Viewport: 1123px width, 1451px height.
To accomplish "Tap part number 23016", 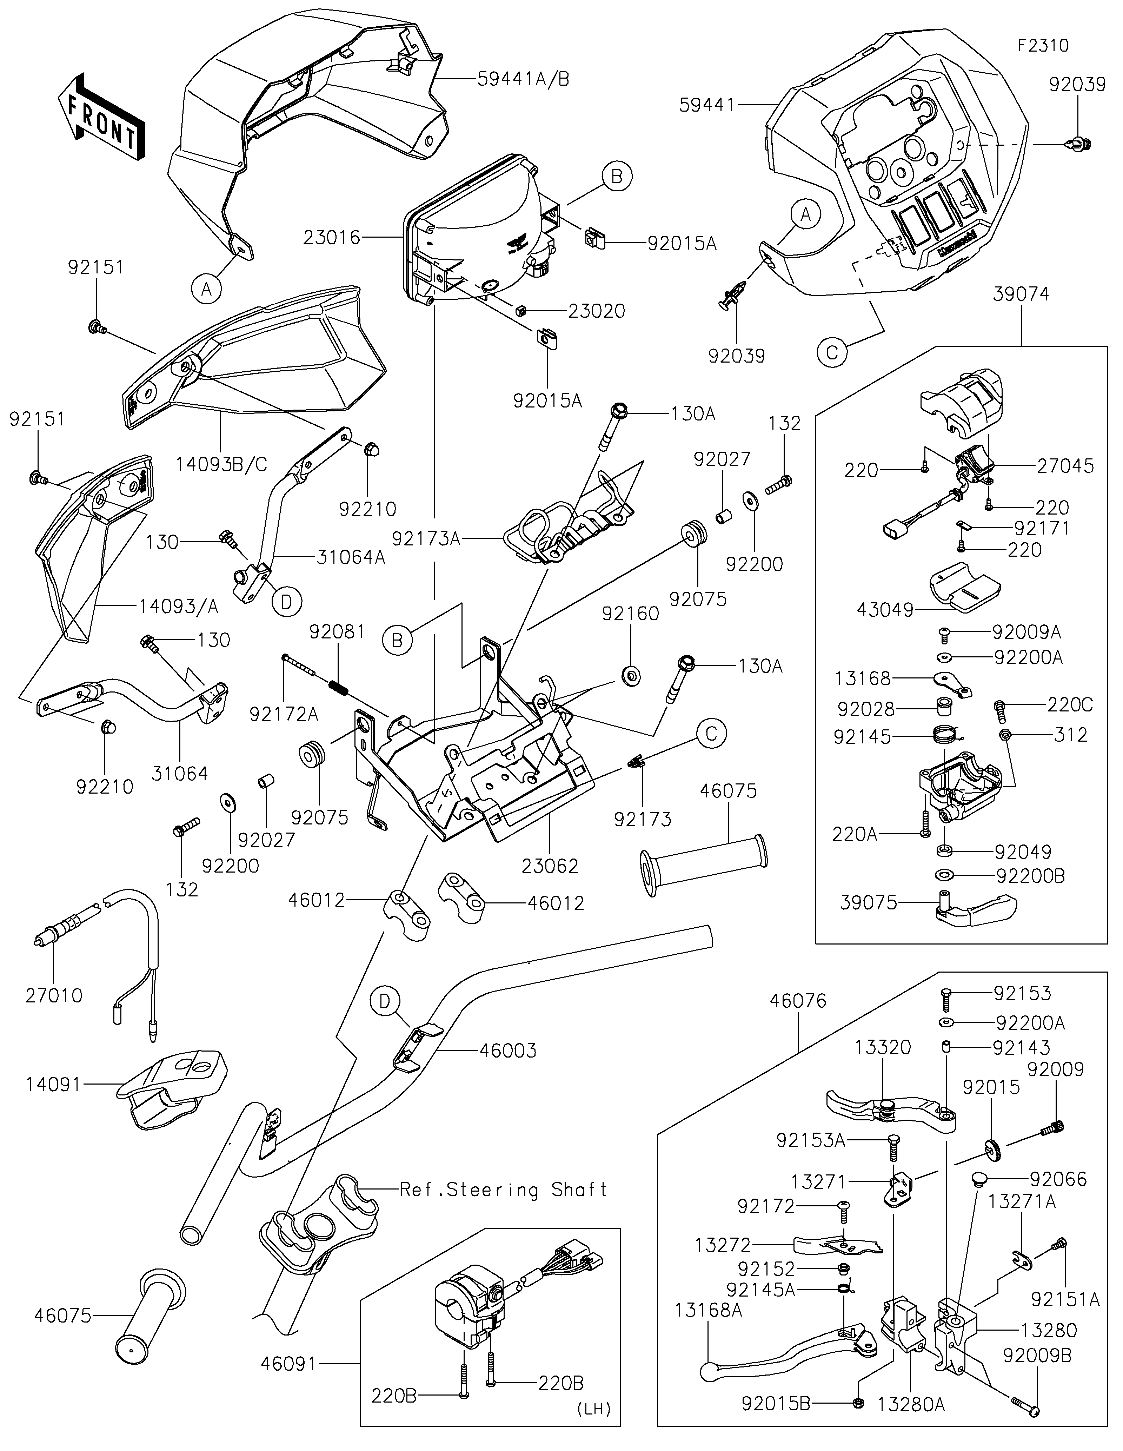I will coord(332,237).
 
